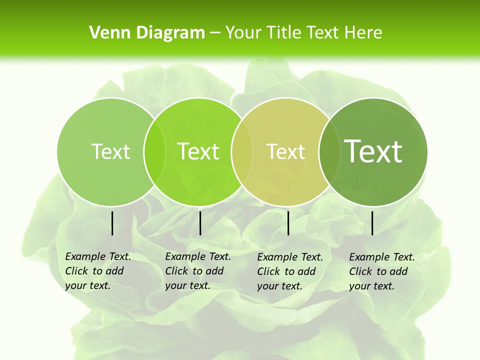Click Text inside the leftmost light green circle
[x=110, y=151]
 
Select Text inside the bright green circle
[x=198, y=151]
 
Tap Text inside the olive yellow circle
[x=286, y=151]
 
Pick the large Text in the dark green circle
[x=373, y=151]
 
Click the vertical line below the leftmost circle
[x=112, y=223]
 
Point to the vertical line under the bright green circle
[x=200, y=223]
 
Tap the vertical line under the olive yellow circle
[x=288, y=223]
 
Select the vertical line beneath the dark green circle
[x=372, y=223]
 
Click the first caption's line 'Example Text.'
[x=98, y=256]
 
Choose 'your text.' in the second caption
[x=187, y=285]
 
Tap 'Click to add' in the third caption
[x=286, y=271]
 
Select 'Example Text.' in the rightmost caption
[x=382, y=257]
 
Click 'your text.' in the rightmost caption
[x=371, y=286]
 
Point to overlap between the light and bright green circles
[x=154, y=151]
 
